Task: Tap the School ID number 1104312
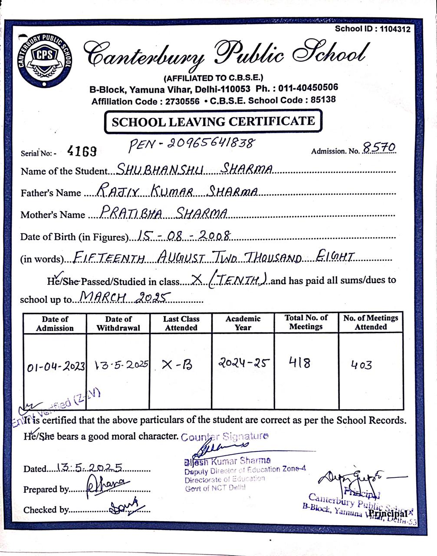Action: point(395,29)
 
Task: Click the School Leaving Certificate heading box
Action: point(213,121)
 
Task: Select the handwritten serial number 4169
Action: point(82,151)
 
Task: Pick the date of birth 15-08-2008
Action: point(183,235)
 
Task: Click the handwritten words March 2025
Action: point(123,298)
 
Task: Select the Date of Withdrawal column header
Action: point(118,323)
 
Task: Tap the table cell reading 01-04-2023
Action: point(56,367)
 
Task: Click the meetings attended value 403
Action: point(361,365)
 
